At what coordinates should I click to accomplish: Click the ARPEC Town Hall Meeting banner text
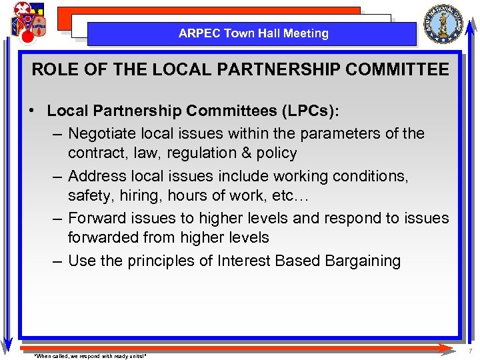pyautogui.click(x=253, y=33)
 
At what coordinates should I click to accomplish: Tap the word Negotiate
pyautogui.click(x=101, y=133)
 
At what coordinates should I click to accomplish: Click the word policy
pyautogui.click(x=275, y=153)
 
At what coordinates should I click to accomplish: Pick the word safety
pyautogui.click(x=89, y=196)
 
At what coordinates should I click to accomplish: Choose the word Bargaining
pyautogui.click(x=363, y=261)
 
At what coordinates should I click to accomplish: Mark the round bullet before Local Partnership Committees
pyautogui.click(x=33, y=111)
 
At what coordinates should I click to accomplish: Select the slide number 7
pyautogui.click(x=470, y=351)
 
